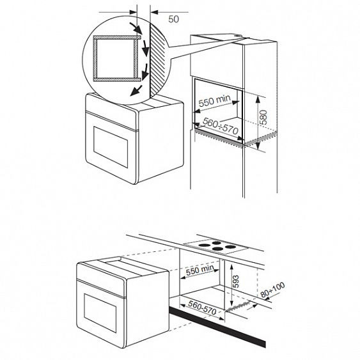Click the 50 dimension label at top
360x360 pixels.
click(x=173, y=19)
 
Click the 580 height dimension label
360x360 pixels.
click(x=264, y=117)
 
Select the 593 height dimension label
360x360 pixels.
click(x=236, y=281)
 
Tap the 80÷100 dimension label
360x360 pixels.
click(x=273, y=290)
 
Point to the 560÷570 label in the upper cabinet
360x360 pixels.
click(x=221, y=126)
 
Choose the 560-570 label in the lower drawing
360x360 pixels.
click(x=202, y=308)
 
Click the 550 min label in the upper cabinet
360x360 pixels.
click(x=214, y=101)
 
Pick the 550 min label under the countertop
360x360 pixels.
click(x=200, y=270)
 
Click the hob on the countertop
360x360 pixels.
click(x=216, y=247)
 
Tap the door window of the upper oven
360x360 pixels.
click(x=111, y=147)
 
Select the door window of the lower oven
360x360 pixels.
click(x=100, y=313)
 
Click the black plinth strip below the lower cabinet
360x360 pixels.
click(x=217, y=326)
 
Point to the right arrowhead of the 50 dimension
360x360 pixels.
click(x=154, y=12)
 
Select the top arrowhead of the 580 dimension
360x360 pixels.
click(x=258, y=98)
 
